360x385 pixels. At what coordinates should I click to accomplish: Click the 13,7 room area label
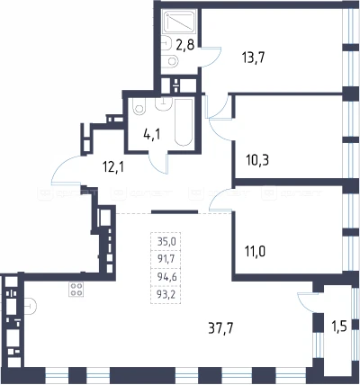tap(254, 58)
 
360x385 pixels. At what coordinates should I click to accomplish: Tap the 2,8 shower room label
tap(184, 45)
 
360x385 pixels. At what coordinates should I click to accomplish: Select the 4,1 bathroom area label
tap(152, 134)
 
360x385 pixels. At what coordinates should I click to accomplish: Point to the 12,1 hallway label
tap(113, 167)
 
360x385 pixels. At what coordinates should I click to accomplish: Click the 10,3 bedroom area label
tap(257, 160)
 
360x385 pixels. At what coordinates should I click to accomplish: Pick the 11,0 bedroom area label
tap(256, 251)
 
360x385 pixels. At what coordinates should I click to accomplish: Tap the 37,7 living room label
tap(220, 328)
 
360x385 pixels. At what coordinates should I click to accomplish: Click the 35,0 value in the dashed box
tap(166, 241)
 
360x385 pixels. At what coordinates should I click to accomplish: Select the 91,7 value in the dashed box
tap(166, 258)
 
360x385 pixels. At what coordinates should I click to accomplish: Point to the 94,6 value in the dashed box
tap(166, 276)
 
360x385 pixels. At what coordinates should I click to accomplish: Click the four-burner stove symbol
tap(76, 290)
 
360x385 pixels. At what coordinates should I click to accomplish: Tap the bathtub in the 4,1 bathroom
tap(183, 122)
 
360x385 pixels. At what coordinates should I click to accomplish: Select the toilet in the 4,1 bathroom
tap(139, 106)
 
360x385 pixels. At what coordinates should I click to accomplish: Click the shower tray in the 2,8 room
tap(179, 22)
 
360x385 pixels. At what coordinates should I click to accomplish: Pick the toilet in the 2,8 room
tap(171, 61)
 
